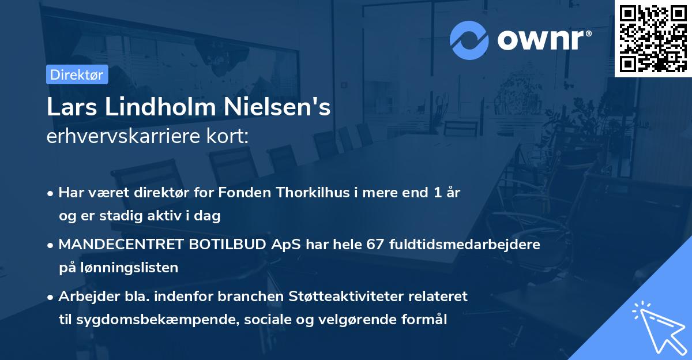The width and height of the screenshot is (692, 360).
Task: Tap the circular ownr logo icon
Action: (x=469, y=40)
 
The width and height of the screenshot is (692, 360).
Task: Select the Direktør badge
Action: (x=77, y=74)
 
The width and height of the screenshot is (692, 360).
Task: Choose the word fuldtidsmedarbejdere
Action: (x=465, y=244)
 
